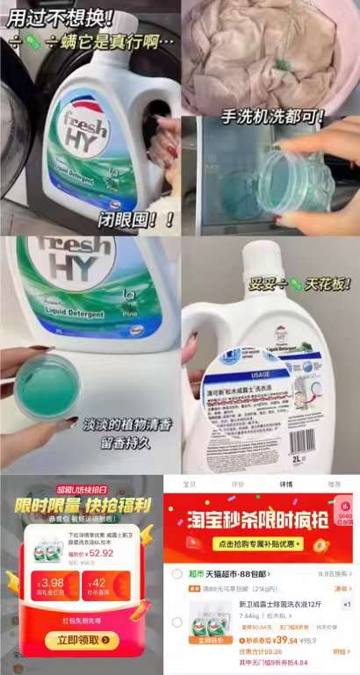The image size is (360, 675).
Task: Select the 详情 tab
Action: (285, 484)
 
